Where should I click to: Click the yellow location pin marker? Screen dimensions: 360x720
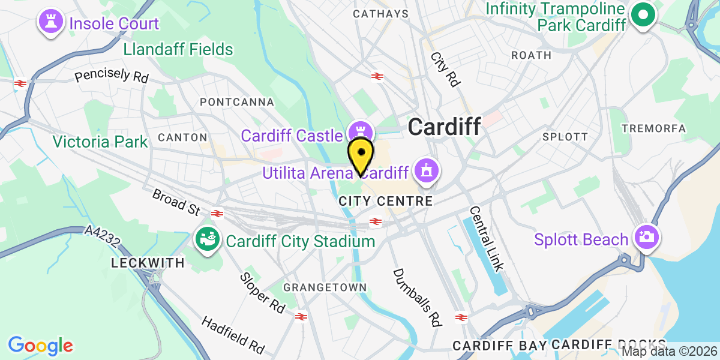361,155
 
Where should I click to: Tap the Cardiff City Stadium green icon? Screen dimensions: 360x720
208,241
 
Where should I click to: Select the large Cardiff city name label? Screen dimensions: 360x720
444,127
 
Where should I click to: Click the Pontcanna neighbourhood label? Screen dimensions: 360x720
237,102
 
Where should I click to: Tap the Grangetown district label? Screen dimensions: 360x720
325,287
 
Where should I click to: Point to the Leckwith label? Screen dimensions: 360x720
139,263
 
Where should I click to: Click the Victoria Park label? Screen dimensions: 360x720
100,142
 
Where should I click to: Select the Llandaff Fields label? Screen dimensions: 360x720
178,49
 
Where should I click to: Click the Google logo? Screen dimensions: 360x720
40,346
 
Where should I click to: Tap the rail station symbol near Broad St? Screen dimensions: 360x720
217,213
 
